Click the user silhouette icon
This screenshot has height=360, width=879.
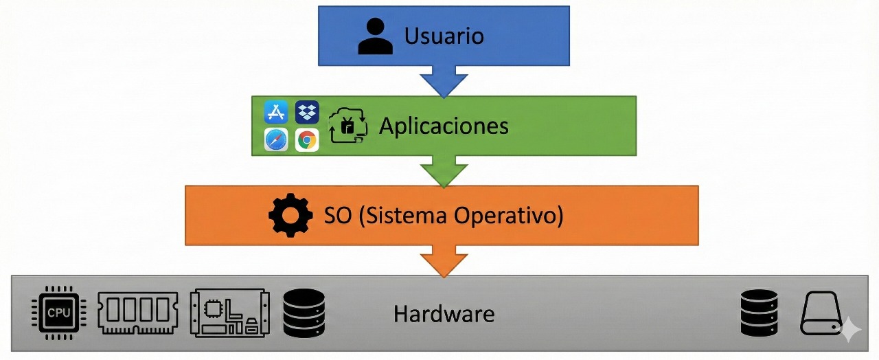pos(376,36)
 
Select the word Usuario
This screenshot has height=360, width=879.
pos(444,36)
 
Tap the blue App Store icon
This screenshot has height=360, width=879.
pos(276,112)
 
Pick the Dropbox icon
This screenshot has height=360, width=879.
pos(307,112)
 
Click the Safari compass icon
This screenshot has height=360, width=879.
pos(276,140)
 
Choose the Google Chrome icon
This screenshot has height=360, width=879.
pos(307,140)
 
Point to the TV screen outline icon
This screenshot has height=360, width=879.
pos(348,126)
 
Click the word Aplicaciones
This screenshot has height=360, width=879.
pos(444,126)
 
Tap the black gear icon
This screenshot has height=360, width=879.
pos(290,216)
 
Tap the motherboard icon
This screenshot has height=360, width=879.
pos(229,313)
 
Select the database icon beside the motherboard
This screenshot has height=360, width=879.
pos(304,313)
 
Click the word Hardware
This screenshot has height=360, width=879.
pos(444,315)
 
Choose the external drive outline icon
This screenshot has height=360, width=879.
pos(821,313)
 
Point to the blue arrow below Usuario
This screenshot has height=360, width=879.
pos(444,81)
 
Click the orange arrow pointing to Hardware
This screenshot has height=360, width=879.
pos(444,262)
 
